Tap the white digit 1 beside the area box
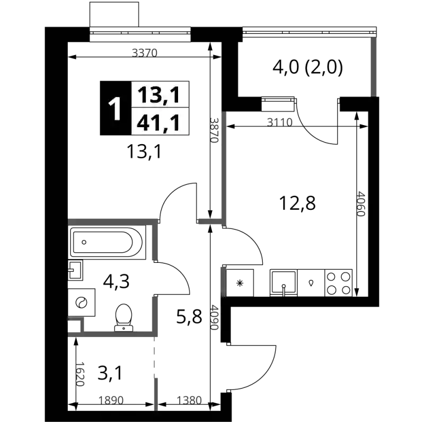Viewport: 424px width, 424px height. [115, 109]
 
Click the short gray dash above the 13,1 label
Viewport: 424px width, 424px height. [145, 52]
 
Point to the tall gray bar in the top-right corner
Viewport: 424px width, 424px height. [373, 66]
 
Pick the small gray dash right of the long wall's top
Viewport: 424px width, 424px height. [279, 121]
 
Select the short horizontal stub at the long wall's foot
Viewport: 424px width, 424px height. [210, 220]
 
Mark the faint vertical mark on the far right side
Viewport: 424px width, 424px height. [361, 205]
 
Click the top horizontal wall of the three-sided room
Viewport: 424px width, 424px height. [111, 221]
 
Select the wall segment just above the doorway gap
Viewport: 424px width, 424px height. [156, 242]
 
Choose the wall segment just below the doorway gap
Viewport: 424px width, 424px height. [156, 315]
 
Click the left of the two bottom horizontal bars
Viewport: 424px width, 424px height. [112, 399]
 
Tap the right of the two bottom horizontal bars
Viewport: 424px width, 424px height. [189, 399]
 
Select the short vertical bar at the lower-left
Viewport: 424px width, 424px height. [81, 374]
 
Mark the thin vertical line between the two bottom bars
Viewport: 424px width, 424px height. [155, 376]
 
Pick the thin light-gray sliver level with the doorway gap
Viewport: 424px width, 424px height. [225, 281]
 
